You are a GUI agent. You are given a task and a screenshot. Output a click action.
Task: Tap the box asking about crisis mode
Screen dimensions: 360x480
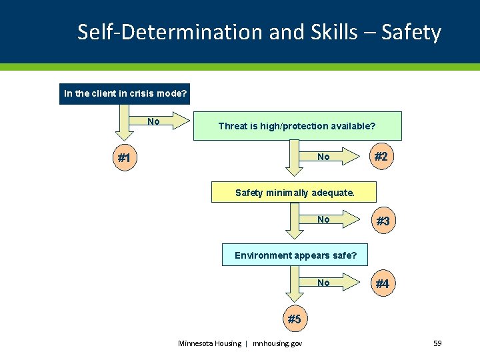point(125,93)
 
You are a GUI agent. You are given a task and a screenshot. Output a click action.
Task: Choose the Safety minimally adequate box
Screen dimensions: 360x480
point(294,193)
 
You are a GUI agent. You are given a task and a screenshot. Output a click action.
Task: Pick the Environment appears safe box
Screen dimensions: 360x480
point(295,255)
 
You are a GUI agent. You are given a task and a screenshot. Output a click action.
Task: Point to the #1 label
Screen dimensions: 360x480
point(124,159)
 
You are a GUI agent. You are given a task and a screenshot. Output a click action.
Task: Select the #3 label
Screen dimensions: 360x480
point(383,221)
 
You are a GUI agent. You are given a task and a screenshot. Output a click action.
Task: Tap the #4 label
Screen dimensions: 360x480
point(382,284)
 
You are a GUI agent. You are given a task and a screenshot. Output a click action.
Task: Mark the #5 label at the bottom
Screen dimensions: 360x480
point(294,319)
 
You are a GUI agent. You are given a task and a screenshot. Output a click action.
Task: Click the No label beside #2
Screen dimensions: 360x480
point(323,157)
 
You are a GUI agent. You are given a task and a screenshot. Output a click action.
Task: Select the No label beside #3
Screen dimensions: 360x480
point(323,219)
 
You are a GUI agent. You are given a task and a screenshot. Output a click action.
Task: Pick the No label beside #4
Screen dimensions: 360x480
point(323,283)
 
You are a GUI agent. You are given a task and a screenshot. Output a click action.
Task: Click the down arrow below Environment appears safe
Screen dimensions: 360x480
point(294,285)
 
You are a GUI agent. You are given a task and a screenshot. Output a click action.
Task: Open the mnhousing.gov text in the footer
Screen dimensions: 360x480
point(277,343)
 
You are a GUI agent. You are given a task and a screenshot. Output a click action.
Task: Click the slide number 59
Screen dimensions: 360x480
point(437,343)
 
